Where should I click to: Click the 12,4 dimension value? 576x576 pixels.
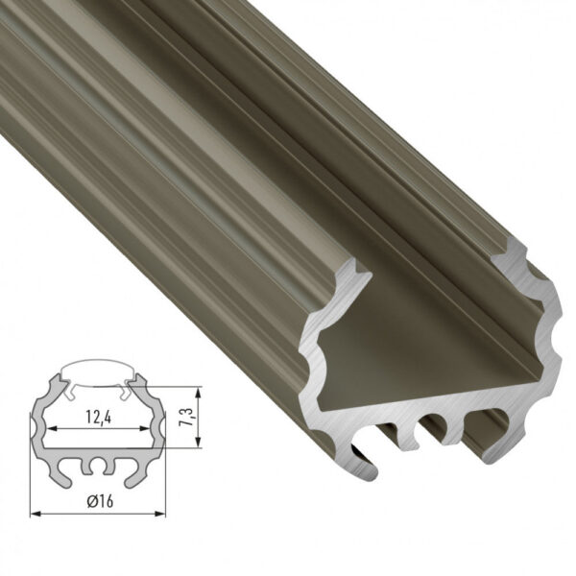(x=93, y=418)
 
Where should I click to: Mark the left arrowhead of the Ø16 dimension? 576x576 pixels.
(x=36, y=514)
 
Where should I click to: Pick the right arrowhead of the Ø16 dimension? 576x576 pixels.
(x=154, y=514)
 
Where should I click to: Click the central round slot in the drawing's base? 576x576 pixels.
(x=94, y=468)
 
